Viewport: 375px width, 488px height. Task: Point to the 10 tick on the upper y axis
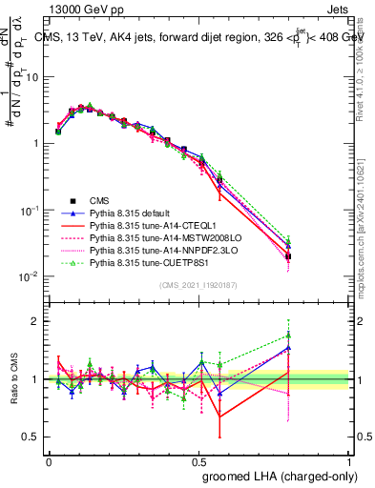35,77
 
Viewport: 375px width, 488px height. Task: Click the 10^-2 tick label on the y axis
32,276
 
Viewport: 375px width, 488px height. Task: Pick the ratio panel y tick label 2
35,321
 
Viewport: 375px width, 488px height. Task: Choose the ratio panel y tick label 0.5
33,437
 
